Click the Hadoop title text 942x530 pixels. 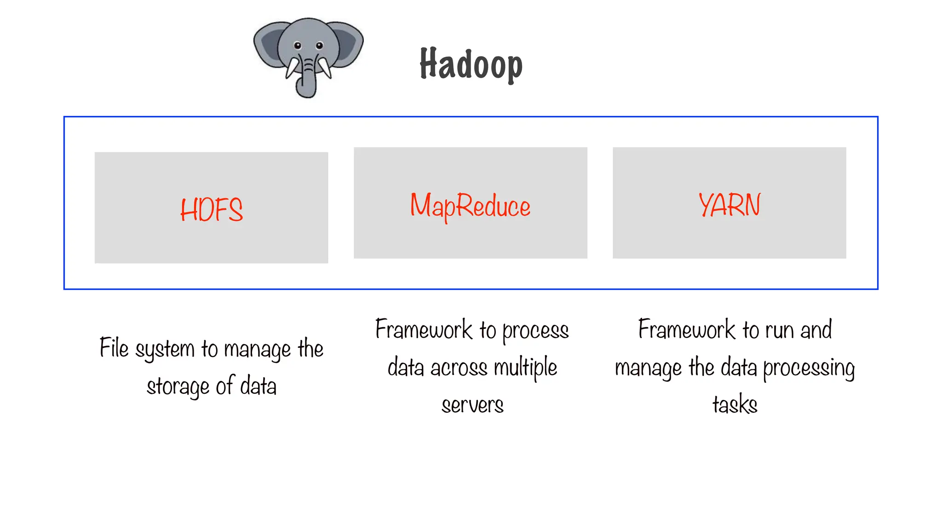471,64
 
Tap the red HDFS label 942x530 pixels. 211,209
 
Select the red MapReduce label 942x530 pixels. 470,206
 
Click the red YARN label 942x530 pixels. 729,205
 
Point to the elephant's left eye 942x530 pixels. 298,46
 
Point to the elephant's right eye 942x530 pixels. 319,46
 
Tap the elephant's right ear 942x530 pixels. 347,44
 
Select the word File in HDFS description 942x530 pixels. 114,348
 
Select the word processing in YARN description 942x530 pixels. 809,368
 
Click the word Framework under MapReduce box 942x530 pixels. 424,330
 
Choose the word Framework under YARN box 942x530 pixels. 687,330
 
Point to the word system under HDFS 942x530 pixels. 165,349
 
